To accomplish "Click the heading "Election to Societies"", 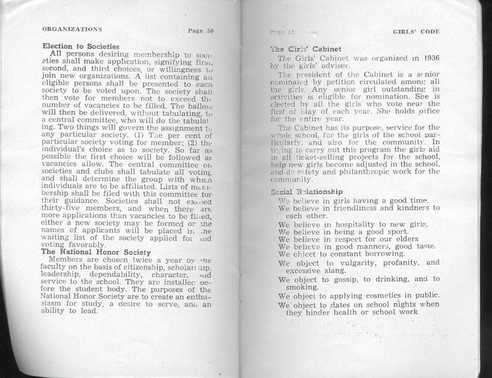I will [x=81, y=46].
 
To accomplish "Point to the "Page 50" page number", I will [x=200, y=31].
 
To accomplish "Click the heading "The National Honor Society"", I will [x=96, y=252].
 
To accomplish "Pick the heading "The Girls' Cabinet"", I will [x=307, y=49].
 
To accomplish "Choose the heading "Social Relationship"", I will [x=307, y=192].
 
